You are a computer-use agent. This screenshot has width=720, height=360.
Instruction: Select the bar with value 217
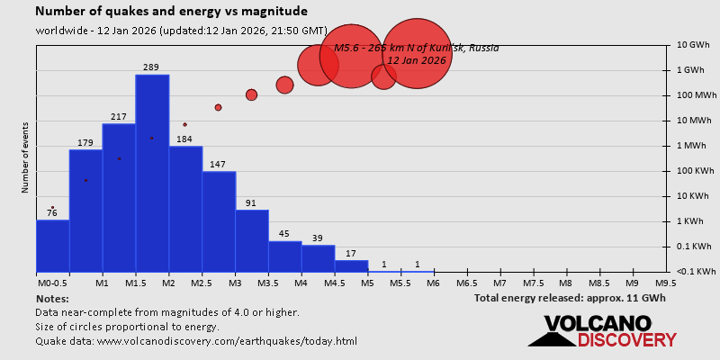coord(119,198)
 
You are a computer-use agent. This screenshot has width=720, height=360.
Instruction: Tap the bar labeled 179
coord(85,211)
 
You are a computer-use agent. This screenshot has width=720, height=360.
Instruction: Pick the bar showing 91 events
coord(252,240)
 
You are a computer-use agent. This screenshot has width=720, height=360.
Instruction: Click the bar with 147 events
coord(219,221)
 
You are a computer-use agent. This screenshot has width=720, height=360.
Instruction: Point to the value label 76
coord(52,213)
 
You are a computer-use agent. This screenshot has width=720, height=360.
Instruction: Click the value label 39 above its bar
coord(318,238)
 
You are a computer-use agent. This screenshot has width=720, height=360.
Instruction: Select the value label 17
coord(351,253)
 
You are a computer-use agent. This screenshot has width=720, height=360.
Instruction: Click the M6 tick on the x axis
coord(432,283)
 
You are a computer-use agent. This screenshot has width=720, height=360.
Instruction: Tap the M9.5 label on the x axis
coord(666,283)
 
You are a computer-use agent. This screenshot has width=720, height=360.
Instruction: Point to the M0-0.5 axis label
coord(52,283)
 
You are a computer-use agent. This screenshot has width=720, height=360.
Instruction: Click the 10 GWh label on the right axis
coord(694,44)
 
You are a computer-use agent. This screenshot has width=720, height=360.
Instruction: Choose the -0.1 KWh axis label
coord(695,271)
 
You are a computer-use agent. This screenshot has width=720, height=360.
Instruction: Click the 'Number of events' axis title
coord(25,162)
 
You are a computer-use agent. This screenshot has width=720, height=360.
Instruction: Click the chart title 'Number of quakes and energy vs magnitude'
coord(171,12)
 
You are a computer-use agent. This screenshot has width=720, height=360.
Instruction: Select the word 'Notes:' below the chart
coord(51,298)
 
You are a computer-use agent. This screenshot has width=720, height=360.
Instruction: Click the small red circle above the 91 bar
coord(251,94)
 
